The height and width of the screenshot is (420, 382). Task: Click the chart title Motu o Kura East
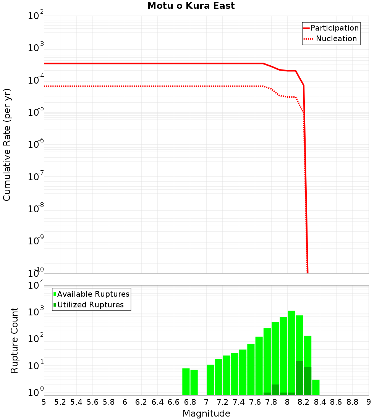(x=191, y=6)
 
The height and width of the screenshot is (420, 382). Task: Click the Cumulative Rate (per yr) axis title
(x=7, y=145)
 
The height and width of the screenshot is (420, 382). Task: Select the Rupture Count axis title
(x=15, y=340)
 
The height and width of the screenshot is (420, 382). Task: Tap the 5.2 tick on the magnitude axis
(x=60, y=402)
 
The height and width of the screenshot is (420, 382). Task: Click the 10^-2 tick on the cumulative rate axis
(x=36, y=16)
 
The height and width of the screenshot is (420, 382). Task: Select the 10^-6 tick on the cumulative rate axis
(x=36, y=145)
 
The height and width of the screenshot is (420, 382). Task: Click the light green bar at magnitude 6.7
(x=186, y=382)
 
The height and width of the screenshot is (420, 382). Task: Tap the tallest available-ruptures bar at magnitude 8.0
(x=291, y=351)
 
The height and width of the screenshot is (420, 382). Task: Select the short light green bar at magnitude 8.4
(x=316, y=387)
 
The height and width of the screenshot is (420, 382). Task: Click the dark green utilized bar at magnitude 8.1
(x=299, y=378)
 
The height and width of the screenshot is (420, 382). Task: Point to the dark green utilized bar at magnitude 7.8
(x=275, y=390)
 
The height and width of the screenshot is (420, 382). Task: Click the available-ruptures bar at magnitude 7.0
(x=210, y=380)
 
